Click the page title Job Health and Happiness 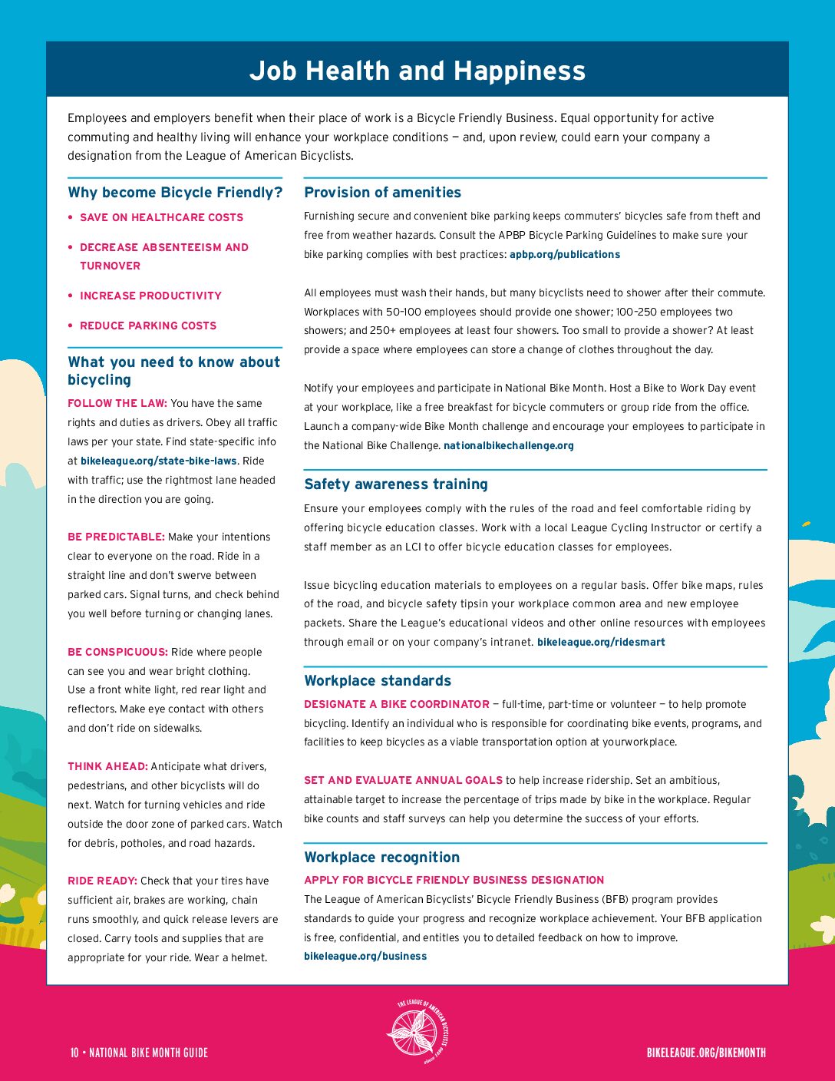417,71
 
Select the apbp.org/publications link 564,254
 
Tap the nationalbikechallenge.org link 508,445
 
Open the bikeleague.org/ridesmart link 601,642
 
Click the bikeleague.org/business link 365,956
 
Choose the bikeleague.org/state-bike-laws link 159,461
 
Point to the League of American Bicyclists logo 417,1031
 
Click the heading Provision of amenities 382,193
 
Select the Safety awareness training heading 395,484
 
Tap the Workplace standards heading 377,681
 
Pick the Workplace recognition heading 381,858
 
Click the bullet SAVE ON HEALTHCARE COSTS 161,217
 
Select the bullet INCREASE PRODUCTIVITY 150,296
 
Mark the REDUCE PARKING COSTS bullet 148,326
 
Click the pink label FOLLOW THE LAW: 117,403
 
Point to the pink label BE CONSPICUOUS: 117,652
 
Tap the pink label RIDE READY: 102,881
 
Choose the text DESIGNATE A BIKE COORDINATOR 396,704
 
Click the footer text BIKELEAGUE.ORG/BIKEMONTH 706,1053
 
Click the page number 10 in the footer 74,1053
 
